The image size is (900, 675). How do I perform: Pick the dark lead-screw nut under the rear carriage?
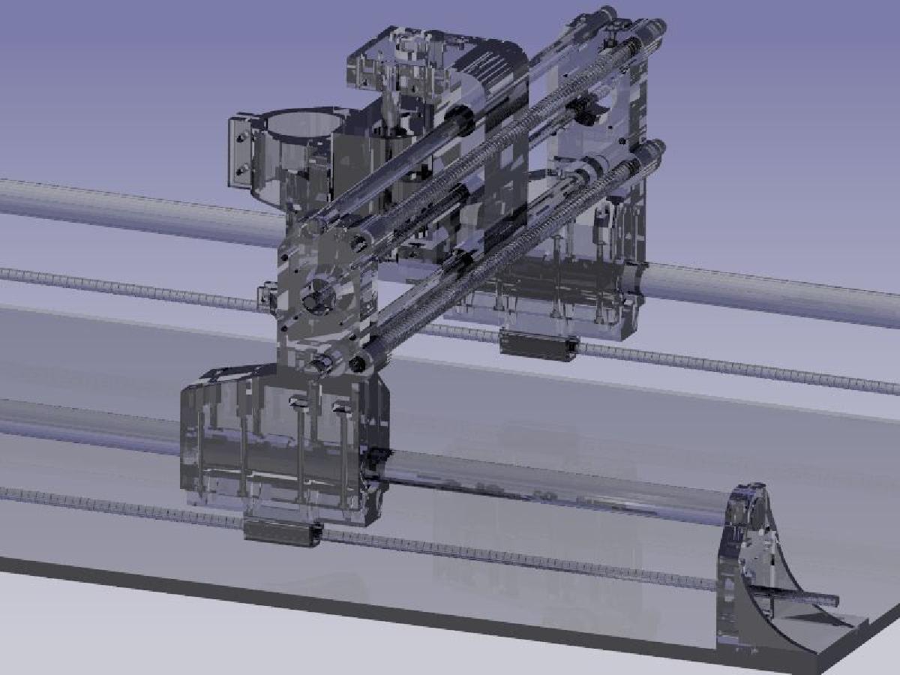[538, 344]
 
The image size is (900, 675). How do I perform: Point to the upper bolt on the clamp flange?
[241, 137]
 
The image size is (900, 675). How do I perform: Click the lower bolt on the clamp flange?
[241, 170]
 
